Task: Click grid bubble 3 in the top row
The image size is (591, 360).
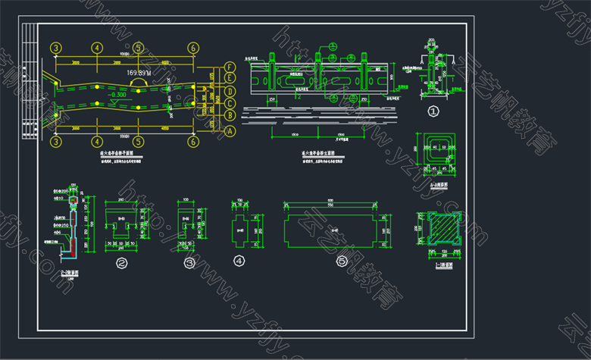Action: (x=56, y=48)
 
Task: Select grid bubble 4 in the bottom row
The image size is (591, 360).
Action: (x=97, y=141)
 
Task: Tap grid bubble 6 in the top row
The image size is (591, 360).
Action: (x=194, y=48)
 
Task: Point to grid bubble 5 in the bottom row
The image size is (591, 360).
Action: (x=138, y=141)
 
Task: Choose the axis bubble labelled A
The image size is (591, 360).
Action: (x=230, y=130)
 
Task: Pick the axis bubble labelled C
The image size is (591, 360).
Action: (x=230, y=103)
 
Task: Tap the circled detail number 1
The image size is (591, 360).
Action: (x=434, y=112)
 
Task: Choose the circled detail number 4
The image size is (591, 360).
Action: (x=240, y=261)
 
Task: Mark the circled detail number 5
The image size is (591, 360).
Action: (x=342, y=261)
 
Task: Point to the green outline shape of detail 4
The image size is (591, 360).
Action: (x=240, y=226)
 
